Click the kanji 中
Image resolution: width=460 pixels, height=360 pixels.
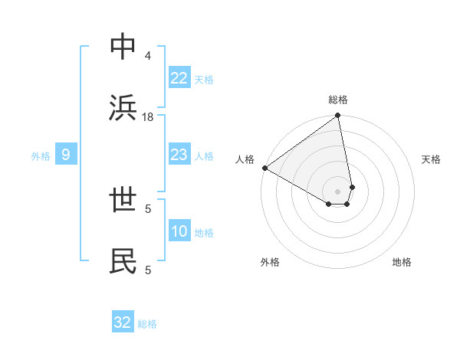(123, 47)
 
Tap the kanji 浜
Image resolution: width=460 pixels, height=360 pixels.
(123, 109)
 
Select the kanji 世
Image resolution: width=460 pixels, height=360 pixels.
(123, 200)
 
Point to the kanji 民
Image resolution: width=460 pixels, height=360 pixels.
(123, 261)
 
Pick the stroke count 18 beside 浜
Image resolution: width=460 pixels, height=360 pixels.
(148, 117)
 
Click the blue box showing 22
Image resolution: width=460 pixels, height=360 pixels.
(179, 78)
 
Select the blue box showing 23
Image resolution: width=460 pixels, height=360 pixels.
(179, 155)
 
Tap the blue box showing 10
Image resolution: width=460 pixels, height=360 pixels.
(179, 232)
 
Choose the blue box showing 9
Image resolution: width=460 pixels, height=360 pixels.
(66, 155)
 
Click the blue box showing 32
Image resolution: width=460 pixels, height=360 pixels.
(123, 322)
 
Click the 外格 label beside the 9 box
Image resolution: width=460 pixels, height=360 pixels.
(41, 156)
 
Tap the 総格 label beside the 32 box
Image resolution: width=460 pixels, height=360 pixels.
(147, 324)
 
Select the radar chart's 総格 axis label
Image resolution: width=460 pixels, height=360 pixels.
(338, 100)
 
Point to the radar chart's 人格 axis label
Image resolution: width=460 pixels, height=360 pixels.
(245, 159)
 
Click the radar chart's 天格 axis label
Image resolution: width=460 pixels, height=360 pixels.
(431, 159)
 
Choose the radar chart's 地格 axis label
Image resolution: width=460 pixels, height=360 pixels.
(402, 262)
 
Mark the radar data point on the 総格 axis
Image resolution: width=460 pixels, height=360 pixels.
(338, 116)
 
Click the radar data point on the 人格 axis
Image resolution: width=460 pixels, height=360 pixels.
(264, 168)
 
